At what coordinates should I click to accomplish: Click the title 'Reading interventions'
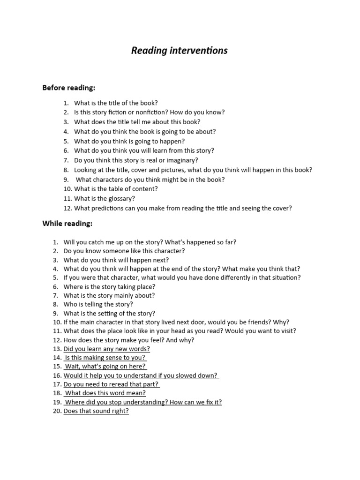click(180, 51)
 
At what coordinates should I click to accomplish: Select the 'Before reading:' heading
click(68, 88)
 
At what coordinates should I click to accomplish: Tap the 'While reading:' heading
click(67, 224)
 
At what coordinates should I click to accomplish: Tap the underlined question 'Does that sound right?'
click(96, 411)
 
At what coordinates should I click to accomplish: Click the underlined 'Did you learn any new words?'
click(107, 349)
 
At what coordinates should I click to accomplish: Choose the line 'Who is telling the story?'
click(98, 304)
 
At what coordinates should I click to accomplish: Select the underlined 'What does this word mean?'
click(105, 393)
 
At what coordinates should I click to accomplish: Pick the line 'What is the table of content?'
click(116, 189)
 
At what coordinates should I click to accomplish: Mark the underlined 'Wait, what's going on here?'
click(105, 367)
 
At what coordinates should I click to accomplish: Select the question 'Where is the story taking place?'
click(109, 286)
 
